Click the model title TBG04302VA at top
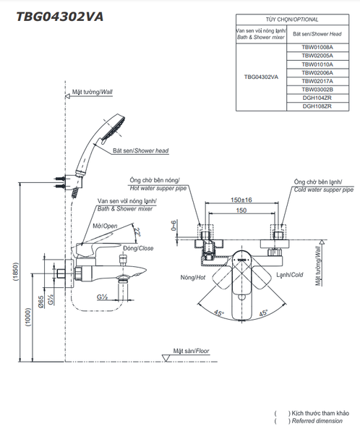coord(60,17)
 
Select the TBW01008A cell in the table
coord(317,47)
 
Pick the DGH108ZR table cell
coord(317,106)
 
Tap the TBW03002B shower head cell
coord(317,90)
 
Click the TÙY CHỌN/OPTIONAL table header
coord(292,20)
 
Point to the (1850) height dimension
coord(15,272)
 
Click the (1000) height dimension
coord(28,317)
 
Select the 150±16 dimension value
coord(241,200)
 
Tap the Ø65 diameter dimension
coord(40,302)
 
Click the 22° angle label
coord(137,231)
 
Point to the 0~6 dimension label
coord(173,226)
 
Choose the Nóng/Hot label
coord(193,277)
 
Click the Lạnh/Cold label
coord(290,275)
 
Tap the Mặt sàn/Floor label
coord(192,351)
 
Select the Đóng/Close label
coord(138,248)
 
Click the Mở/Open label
coord(105,226)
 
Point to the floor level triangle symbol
coord(166,358)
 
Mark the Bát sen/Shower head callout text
coord(140,151)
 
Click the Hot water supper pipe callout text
coord(158,188)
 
